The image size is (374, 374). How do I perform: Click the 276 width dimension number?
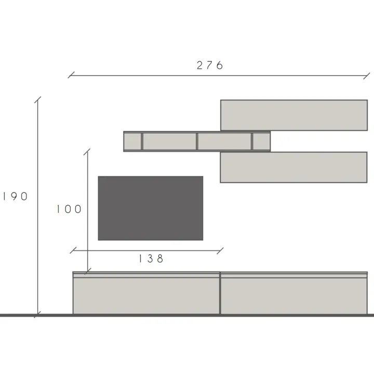click(210, 65)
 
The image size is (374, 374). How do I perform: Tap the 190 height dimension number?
click(15, 196)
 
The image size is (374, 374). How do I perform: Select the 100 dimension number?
click(69, 209)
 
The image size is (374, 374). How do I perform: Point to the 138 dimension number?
click(151, 259)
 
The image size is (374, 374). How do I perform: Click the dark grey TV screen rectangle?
click(151, 208)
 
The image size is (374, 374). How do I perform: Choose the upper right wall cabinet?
click(294, 115)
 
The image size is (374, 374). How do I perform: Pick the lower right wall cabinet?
click(293, 167)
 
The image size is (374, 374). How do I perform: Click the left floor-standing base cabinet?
click(146, 293)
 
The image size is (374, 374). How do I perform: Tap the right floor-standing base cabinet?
click(294, 293)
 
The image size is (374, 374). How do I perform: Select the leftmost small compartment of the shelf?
click(132, 141)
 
